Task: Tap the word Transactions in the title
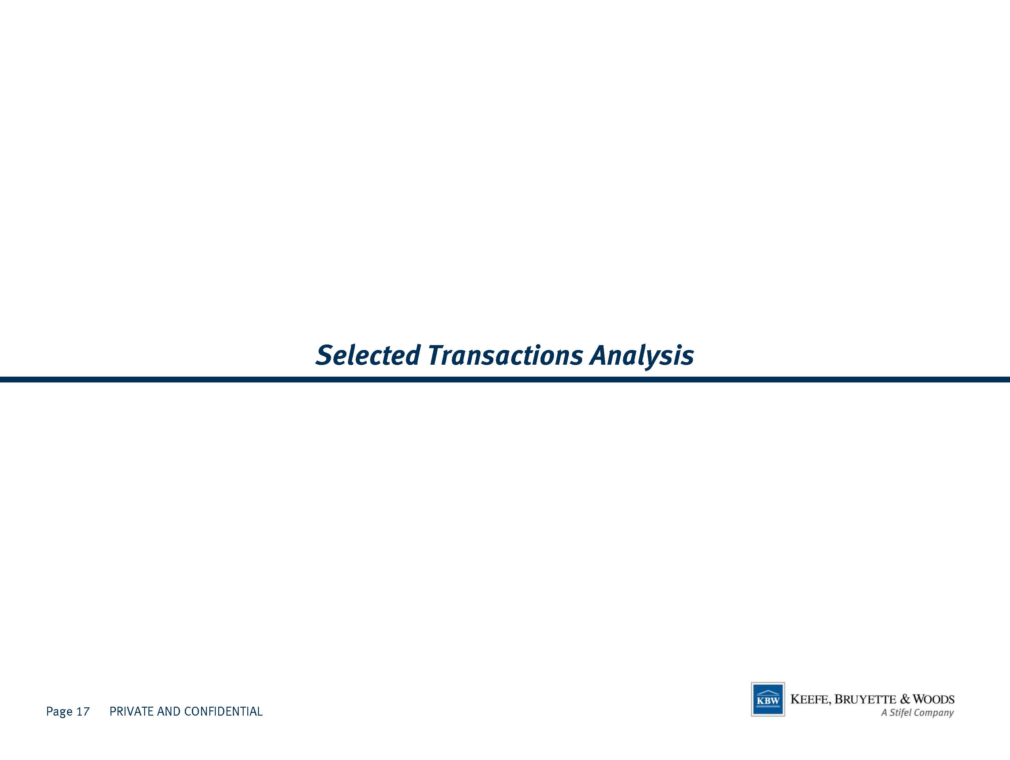505,355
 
